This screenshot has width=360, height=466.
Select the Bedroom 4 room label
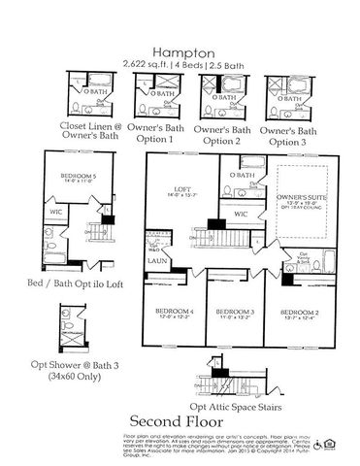coord(176,314)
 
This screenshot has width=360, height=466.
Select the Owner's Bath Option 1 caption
coord(156,134)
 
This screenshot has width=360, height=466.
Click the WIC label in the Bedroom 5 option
coord(56,211)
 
